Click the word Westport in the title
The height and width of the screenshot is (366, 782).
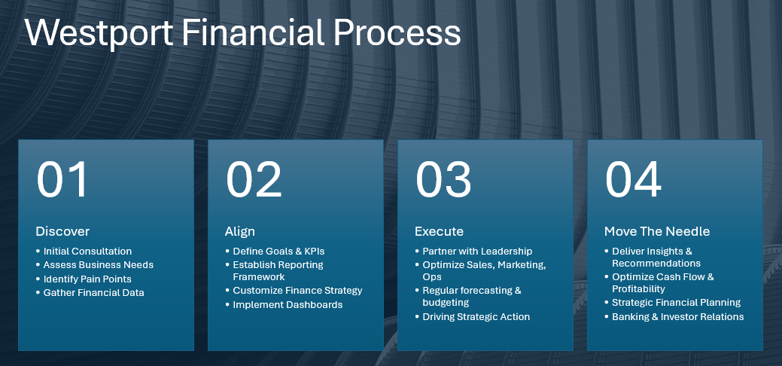pos(99,32)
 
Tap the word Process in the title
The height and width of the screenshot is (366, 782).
pos(397,32)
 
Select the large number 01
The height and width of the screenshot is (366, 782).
pos(62,180)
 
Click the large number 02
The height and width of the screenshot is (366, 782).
pos(254,180)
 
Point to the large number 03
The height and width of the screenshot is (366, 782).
pos(443,180)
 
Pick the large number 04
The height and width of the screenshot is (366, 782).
pos(633,180)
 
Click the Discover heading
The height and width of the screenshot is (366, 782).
pos(62,232)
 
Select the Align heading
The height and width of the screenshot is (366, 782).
pos(240,232)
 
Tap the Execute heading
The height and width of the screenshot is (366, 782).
pos(439,232)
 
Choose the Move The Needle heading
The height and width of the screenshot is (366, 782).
pos(657,232)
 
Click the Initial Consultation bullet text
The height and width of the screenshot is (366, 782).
pos(87,252)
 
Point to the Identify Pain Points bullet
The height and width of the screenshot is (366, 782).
pos(87,279)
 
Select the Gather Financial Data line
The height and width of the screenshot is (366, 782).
pos(94,293)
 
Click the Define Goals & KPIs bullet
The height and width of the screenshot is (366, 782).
pos(278,252)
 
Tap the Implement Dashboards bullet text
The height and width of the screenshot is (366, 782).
pos(288,304)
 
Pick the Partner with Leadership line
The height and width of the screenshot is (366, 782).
pos(477,252)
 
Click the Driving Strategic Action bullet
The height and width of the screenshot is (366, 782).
pos(476,316)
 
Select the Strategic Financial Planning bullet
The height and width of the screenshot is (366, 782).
pos(677,303)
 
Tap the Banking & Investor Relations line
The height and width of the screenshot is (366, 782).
pos(678,316)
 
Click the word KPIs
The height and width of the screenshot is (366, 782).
pos(315,252)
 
